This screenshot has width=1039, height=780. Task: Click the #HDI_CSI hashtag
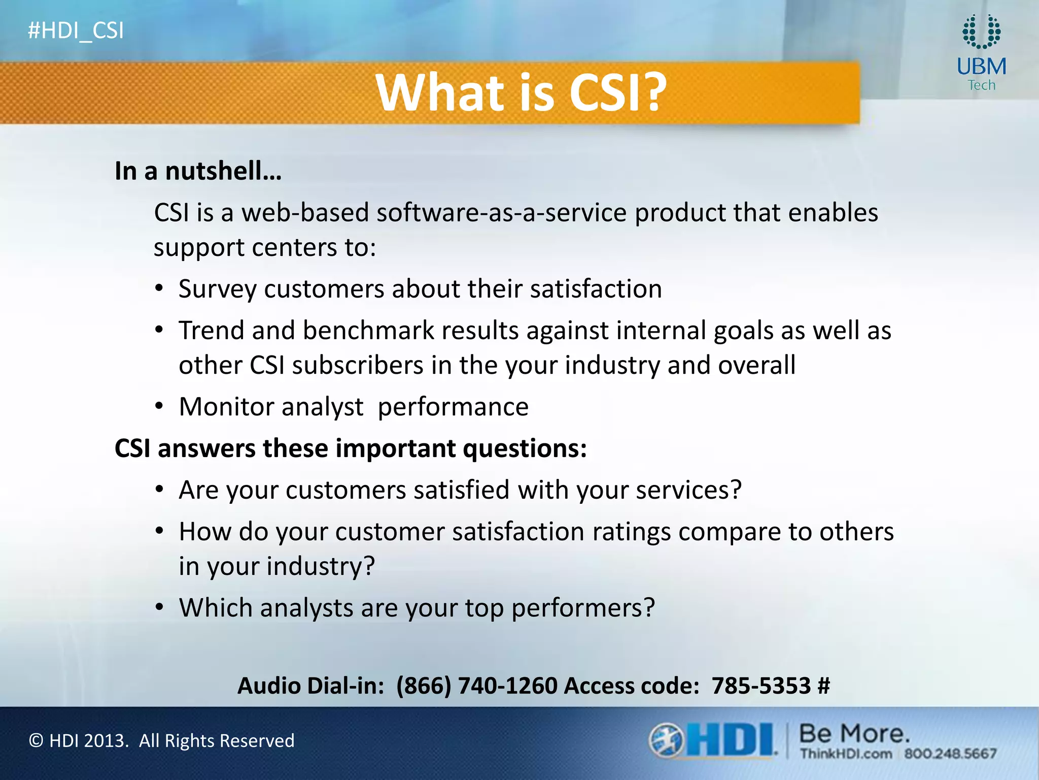pyautogui.click(x=76, y=31)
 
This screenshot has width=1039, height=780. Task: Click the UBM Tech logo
pyautogui.click(x=981, y=53)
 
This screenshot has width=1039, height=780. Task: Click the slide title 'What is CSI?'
pyautogui.click(x=521, y=92)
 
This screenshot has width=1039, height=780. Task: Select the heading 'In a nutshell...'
pyautogui.click(x=198, y=171)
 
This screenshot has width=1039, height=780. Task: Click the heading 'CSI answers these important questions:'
pyautogui.click(x=351, y=449)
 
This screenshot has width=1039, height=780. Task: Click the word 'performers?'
pyautogui.click(x=583, y=608)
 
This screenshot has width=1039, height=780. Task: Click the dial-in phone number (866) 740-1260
pyautogui.click(x=476, y=686)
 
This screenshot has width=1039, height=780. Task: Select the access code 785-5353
pyautogui.click(x=760, y=686)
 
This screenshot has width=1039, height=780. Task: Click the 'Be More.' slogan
pyautogui.click(x=854, y=734)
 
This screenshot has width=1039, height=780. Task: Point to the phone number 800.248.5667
pyautogui.click(x=950, y=754)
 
